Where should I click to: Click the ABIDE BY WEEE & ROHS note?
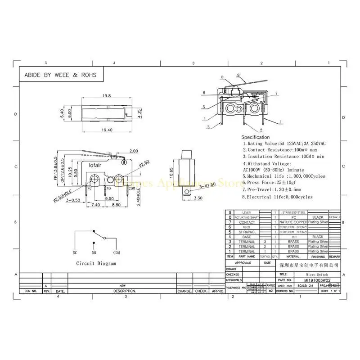pyautogui.click(x=60, y=75)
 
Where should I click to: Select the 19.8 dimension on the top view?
pyautogui.click(x=106, y=96)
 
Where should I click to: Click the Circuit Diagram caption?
pyautogui.click(x=96, y=264)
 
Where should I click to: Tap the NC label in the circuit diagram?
pyautogui.click(x=75, y=253)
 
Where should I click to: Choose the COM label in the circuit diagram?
pyautogui.click(x=117, y=253)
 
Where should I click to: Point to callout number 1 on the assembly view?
pyautogui.click(x=281, y=122)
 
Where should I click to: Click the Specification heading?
pyautogui.click(x=256, y=137)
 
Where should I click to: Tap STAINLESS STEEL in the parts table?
pyautogui.click(x=293, y=212)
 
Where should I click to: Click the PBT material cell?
pyautogui.click(x=293, y=237)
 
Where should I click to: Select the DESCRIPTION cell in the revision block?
pyautogui.click(x=122, y=291)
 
